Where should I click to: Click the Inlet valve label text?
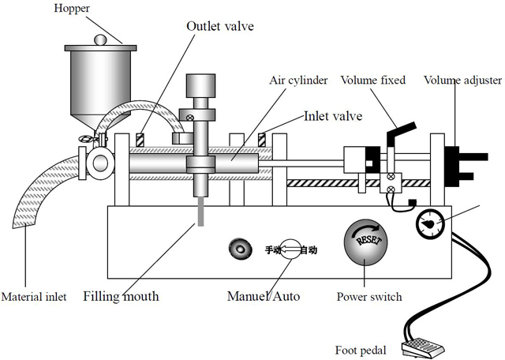click(x=333, y=116)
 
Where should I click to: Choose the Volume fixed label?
click(x=373, y=80)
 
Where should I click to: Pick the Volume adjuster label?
click(x=462, y=80)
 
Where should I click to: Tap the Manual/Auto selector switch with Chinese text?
click(x=290, y=250)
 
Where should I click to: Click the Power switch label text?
click(x=369, y=298)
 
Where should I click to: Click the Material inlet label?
click(x=33, y=298)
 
